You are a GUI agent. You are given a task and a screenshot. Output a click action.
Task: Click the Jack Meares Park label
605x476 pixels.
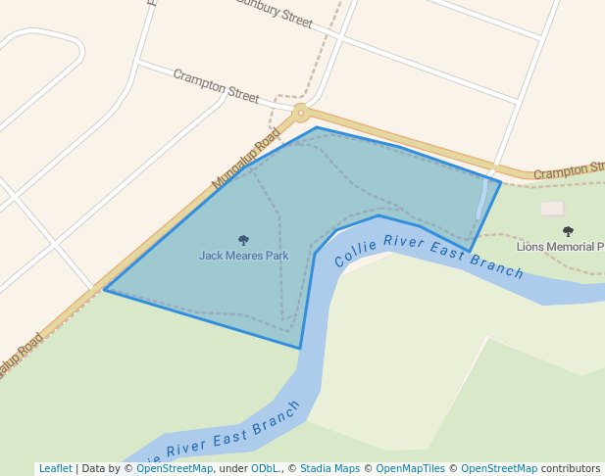point(243,256)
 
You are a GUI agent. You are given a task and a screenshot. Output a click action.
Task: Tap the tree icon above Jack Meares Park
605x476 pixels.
point(243,240)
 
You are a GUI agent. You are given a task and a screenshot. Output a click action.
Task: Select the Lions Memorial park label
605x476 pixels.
point(560,246)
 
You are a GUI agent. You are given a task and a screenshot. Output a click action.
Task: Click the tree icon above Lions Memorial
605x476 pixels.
point(568,231)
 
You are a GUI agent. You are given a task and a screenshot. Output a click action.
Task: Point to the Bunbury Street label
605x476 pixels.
point(274,14)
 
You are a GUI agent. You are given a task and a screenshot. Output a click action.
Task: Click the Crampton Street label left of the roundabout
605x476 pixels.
point(216,86)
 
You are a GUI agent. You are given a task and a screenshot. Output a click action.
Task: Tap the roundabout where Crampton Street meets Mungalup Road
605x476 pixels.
point(300,113)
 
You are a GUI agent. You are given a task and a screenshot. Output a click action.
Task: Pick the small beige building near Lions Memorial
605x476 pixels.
point(553,209)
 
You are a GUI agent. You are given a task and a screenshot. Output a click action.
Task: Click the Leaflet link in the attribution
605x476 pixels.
point(55,468)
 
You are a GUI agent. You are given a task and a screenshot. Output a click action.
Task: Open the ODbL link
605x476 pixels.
point(264,468)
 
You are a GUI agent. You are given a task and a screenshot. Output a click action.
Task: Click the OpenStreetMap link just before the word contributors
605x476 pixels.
point(499,468)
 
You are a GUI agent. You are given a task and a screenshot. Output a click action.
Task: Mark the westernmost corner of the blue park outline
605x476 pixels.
point(105,290)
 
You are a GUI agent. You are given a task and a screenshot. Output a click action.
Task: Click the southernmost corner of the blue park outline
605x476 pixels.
point(300,348)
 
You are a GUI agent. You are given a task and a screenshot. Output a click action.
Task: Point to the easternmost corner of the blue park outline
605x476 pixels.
point(501,182)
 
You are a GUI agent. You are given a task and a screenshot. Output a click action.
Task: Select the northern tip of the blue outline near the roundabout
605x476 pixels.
point(316,127)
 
